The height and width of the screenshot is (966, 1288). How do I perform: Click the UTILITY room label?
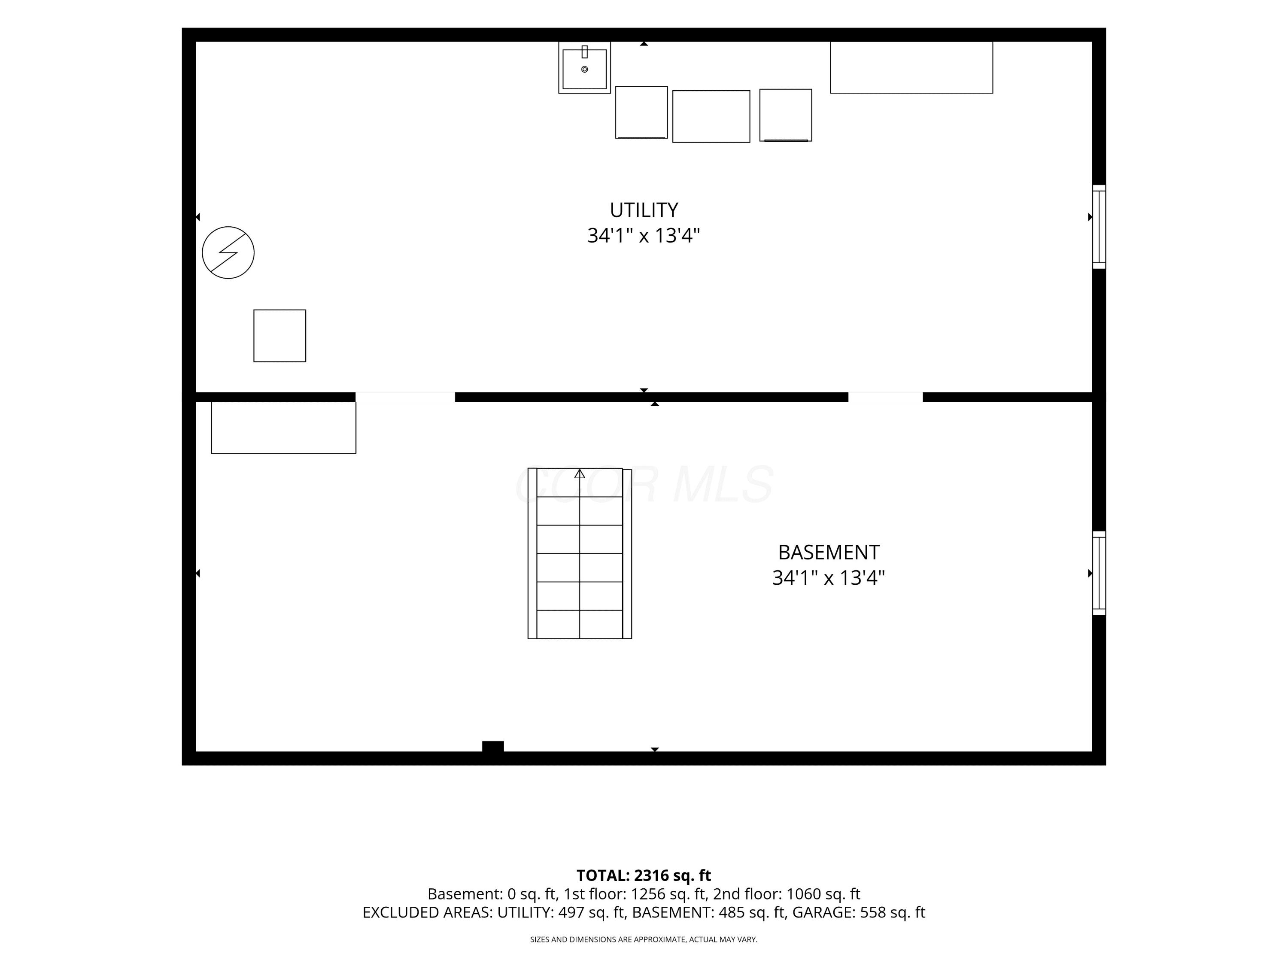click(644, 210)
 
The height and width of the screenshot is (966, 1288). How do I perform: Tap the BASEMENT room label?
click(829, 552)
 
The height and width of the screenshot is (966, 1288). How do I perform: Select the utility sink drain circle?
click(585, 69)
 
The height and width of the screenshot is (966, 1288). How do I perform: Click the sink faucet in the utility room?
click(585, 52)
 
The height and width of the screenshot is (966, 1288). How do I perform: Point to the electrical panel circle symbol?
click(228, 253)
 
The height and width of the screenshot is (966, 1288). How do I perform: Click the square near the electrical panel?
click(279, 336)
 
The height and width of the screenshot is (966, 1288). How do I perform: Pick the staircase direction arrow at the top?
click(579, 474)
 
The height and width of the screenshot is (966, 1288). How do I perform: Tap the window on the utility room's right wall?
click(1099, 227)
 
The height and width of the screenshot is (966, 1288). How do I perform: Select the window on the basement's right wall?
click(1099, 573)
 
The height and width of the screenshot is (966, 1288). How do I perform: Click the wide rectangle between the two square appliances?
click(711, 116)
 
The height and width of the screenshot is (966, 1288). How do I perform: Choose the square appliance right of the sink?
click(641, 112)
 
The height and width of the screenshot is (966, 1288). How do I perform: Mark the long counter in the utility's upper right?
click(911, 67)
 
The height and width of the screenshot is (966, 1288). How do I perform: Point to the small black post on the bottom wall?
click(492, 747)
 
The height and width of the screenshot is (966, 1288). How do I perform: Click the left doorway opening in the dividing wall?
click(405, 397)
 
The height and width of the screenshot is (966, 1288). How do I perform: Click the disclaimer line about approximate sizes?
click(644, 939)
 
